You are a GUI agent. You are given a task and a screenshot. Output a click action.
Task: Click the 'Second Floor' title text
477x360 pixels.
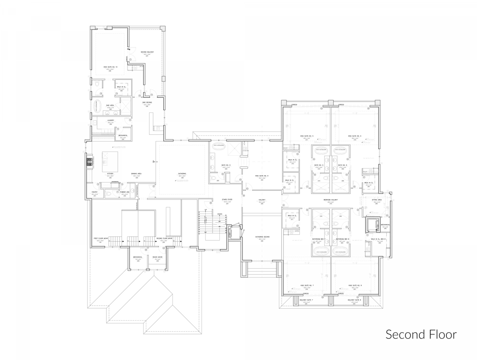coord(421,334)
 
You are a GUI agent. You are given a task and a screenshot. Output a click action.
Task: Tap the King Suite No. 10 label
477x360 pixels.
coord(111,67)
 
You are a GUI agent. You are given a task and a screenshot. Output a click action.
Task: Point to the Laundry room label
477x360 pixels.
coord(111,120)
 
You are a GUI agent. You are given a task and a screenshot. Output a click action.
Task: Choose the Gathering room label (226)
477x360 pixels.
coord(182,174)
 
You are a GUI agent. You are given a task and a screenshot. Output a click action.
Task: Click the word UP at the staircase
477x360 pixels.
coord(206,209)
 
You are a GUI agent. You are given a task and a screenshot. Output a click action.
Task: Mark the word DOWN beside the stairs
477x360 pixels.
coord(219,214)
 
